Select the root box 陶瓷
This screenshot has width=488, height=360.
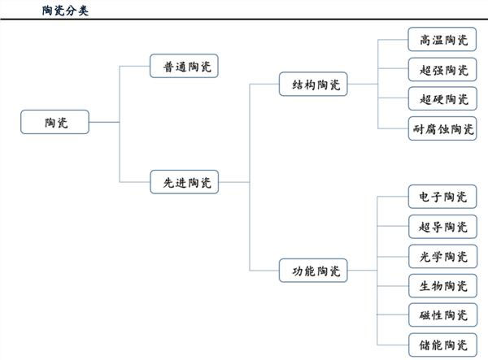click(55, 123)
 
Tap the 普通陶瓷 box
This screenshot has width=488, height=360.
click(185, 66)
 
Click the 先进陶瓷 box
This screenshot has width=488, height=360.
click(185, 183)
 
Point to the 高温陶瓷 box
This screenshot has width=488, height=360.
click(442, 39)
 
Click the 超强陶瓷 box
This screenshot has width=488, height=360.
click(442, 69)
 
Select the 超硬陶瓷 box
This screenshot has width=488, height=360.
click(442, 98)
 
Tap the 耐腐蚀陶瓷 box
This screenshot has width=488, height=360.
click(442, 128)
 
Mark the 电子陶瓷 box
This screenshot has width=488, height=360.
click(442, 197)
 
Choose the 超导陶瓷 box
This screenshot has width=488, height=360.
click(442, 227)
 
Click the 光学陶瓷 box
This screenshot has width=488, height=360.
click(442, 256)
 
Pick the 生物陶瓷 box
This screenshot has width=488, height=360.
click(442, 285)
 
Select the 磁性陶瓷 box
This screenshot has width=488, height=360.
click(442, 314)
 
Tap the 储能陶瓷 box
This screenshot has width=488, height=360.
click(442, 344)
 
